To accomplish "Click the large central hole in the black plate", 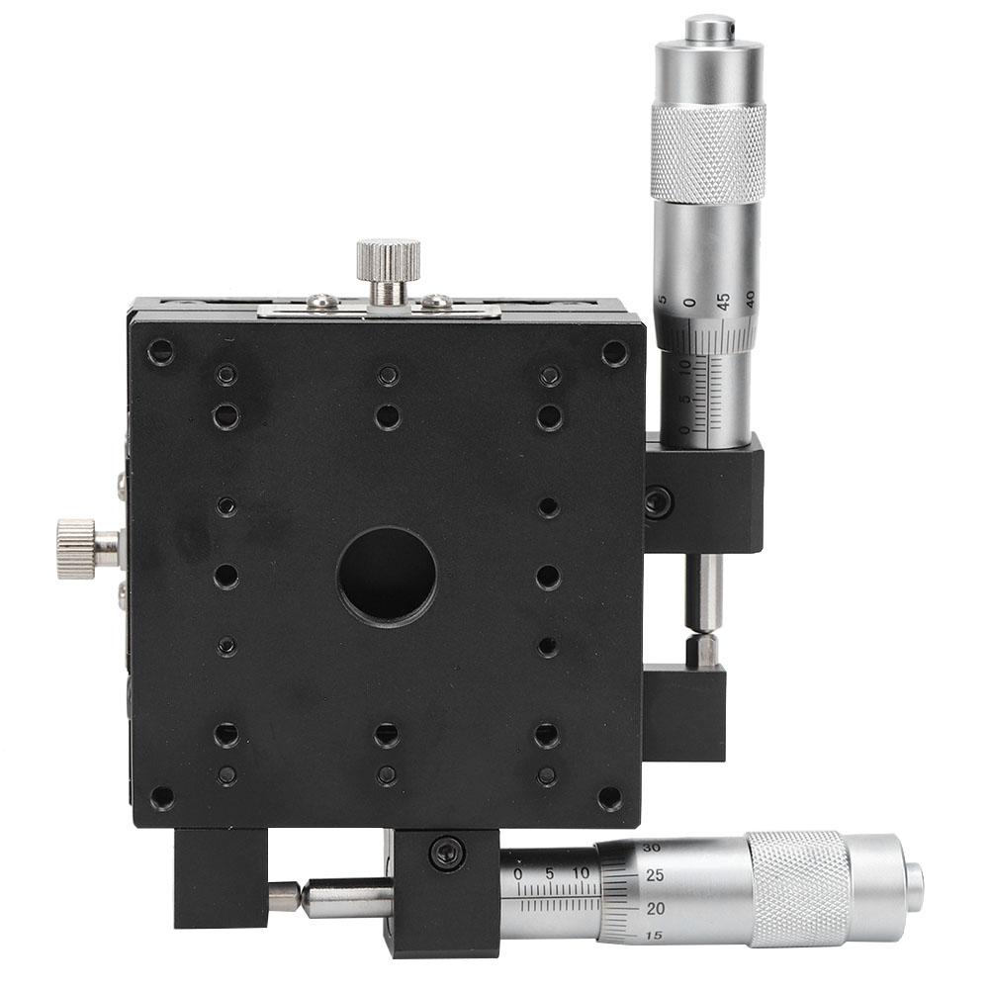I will [387, 575].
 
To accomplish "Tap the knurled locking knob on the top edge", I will [389, 259].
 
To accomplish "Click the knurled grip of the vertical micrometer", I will [707, 152].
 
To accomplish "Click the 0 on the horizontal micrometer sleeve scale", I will [519, 873].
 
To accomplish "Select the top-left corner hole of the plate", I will [159, 350].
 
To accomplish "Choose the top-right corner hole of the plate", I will [614, 351].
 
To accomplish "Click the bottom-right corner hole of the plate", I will [610, 797].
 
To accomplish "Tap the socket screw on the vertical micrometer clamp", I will [657, 502].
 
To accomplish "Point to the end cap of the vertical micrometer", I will [710, 28].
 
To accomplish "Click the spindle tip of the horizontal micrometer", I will [284, 896].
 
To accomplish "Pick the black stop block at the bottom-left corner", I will [220, 876].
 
